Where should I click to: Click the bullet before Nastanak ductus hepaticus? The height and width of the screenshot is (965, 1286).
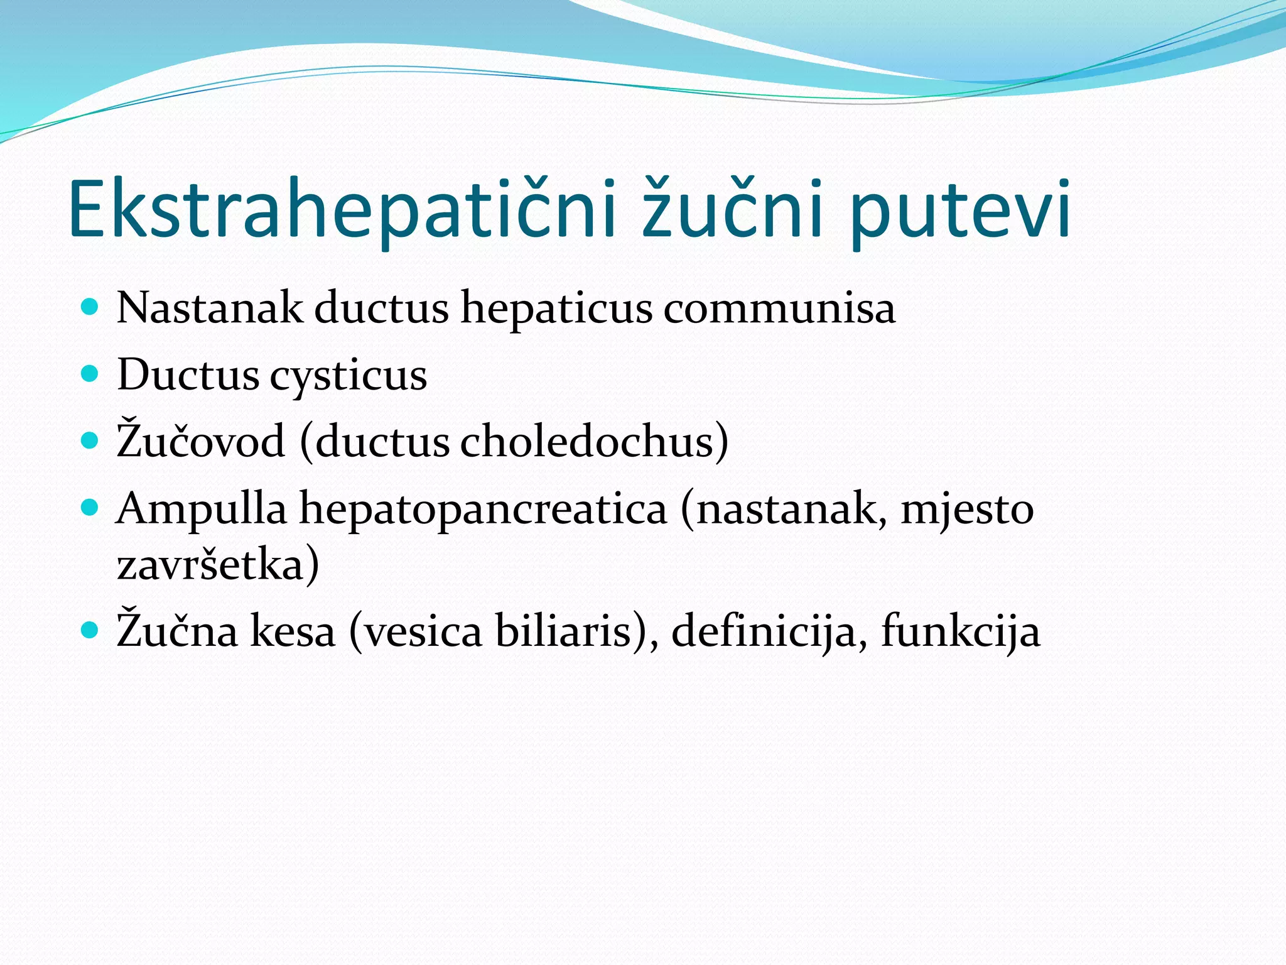coord(90,307)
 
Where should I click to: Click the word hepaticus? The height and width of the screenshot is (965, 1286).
coord(556,308)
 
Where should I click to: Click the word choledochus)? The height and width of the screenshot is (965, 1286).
coord(594,441)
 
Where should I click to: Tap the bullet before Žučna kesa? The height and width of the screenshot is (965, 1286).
coord(90,629)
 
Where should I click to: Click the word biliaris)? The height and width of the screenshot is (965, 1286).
coord(578,631)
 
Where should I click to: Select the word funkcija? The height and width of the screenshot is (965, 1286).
coord(961,631)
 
